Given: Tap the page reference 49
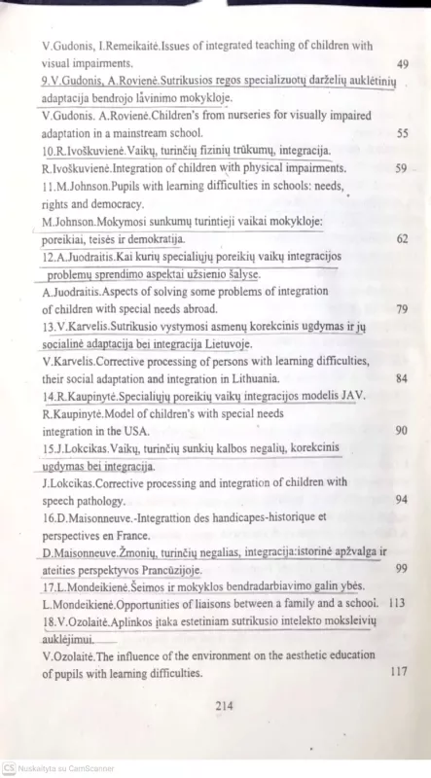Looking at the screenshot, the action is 403,64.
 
